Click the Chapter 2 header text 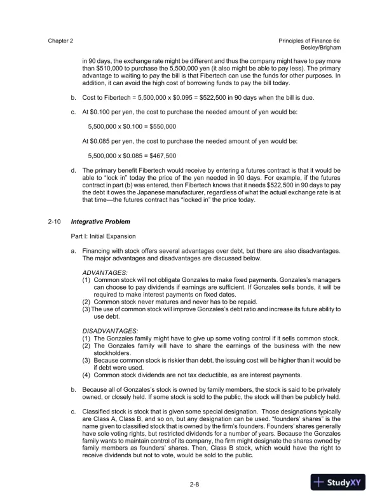[60, 40]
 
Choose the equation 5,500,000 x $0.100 [117, 126]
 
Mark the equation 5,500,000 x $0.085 [117, 155]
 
